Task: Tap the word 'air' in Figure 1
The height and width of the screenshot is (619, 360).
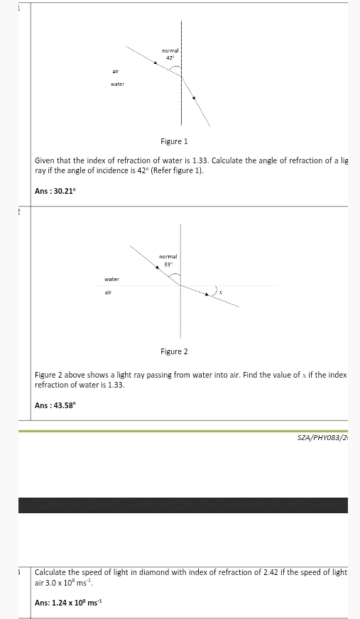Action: click(115, 72)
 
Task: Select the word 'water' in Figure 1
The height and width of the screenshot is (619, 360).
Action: click(117, 84)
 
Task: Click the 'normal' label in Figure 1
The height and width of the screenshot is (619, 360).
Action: click(170, 50)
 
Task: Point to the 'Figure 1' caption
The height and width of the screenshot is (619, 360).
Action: click(174, 142)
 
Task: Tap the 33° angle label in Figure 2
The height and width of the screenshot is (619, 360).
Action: click(168, 264)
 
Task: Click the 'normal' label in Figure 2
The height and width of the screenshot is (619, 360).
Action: click(168, 256)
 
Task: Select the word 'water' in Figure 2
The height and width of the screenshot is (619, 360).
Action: click(111, 280)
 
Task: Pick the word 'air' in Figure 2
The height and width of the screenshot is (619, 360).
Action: click(109, 292)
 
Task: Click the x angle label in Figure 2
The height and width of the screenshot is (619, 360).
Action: click(221, 292)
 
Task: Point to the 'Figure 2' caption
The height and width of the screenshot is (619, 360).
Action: click(174, 351)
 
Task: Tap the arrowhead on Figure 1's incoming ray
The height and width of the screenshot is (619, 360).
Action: click(156, 62)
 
